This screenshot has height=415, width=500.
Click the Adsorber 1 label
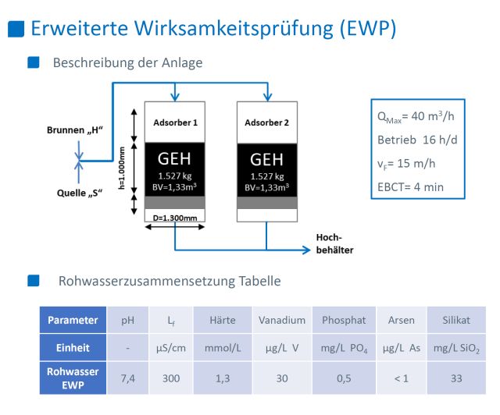[x=175, y=122]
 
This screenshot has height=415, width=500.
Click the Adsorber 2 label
[x=267, y=122]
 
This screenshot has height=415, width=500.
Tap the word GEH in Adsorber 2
[x=266, y=159]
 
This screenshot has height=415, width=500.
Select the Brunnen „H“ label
[x=75, y=130]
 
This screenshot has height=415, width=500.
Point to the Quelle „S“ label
[x=80, y=193]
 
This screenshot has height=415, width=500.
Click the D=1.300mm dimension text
[x=175, y=218]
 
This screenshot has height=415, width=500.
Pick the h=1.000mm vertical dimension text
[x=122, y=168]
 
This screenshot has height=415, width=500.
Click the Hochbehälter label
[x=334, y=243]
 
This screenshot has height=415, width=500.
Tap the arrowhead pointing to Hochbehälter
[x=306, y=250]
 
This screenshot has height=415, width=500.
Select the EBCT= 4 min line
[x=410, y=187]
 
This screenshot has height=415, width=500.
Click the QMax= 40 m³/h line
[x=416, y=116]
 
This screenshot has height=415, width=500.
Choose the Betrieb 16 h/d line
[x=417, y=140]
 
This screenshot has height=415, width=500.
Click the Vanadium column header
[x=282, y=320]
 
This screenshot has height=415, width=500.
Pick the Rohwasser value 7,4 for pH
[x=127, y=378]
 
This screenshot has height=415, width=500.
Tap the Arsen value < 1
[x=401, y=378]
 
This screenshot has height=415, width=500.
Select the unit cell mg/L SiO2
[x=456, y=348]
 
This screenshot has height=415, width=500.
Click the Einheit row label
[x=73, y=347]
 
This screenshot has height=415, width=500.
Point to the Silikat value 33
[x=456, y=378]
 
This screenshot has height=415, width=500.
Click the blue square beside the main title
[x=16, y=29]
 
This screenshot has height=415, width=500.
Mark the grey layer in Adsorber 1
[x=175, y=203]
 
